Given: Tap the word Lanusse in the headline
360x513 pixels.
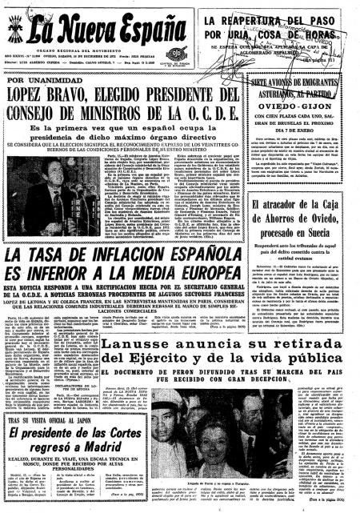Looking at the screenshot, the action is click(166, 345).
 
